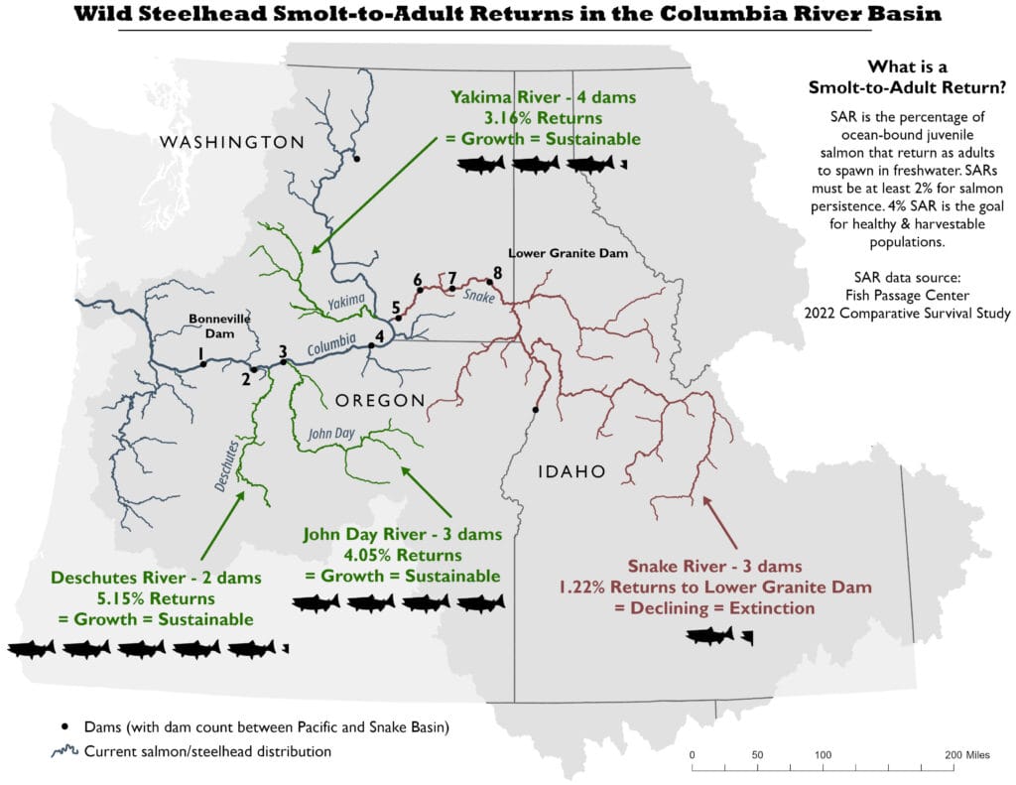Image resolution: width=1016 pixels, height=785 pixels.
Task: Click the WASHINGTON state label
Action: (232, 142)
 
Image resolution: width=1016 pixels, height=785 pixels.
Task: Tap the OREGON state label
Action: (380, 400)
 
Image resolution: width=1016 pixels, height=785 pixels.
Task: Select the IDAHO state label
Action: (571, 471)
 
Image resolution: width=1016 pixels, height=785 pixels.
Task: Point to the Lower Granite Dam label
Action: (568, 254)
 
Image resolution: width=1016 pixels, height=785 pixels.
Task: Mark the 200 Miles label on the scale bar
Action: (966, 754)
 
